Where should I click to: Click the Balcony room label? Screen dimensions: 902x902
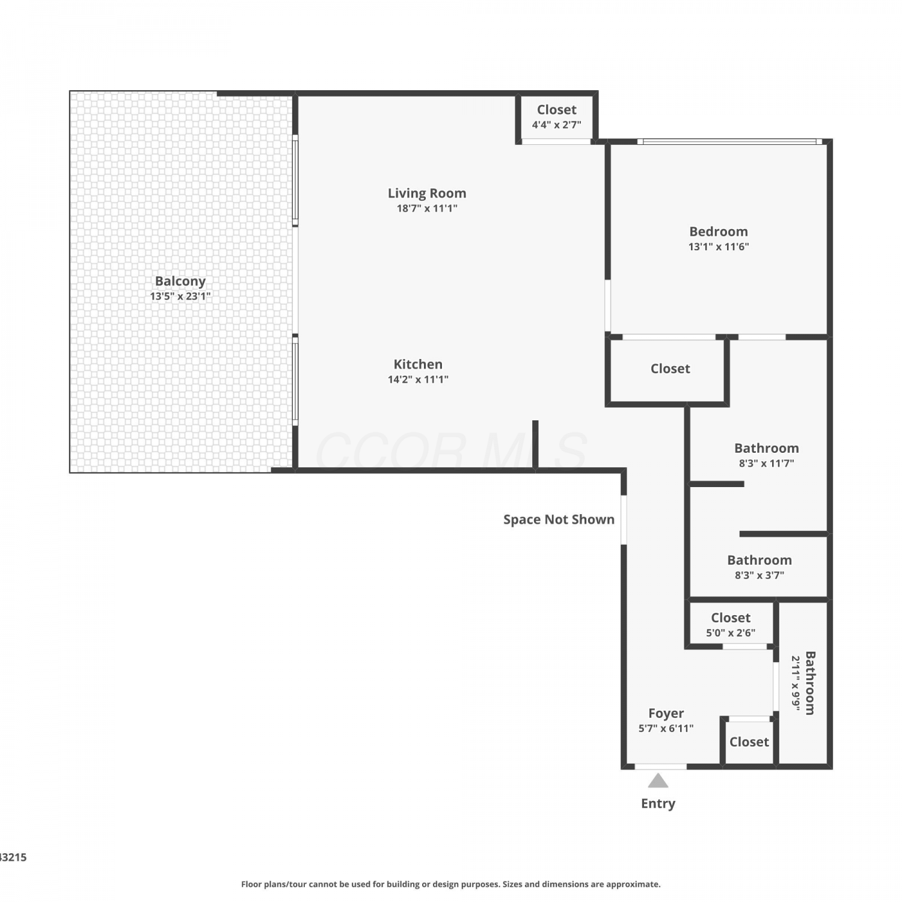[x=180, y=281]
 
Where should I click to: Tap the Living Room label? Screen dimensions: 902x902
[x=427, y=193]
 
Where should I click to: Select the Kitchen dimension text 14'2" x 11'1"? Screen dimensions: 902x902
[x=418, y=379]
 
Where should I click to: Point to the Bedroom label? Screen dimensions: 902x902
[x=719, y=232]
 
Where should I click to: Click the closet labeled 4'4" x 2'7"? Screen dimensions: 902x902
[x=557, y=117]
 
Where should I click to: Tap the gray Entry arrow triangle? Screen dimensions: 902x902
[x=658, y=781]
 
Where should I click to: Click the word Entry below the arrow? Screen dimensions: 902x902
[x=658, y=803]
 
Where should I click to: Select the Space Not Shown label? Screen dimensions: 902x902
[x=559, y=520]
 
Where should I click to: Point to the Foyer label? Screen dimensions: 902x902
[x=666, y=713]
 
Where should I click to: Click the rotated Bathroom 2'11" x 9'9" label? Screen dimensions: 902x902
[x=803, y=683]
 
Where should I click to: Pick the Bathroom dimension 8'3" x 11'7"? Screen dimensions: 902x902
[x=767, y=464]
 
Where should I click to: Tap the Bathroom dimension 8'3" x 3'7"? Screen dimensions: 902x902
[x=759, y=575]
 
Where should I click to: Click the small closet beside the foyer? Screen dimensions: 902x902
[x=749, y=742]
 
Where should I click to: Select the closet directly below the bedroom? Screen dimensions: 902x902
[x=670, y=369]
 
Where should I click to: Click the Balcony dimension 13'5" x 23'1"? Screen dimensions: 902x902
[x=180, y=296]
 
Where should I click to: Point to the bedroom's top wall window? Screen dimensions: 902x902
[x=729, y=142]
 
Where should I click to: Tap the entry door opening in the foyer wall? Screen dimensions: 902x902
[x=661, y=767]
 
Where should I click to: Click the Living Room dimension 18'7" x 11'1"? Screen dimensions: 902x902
[x=427, y=209]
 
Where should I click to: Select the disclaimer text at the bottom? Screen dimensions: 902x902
[x=451, y=884]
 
